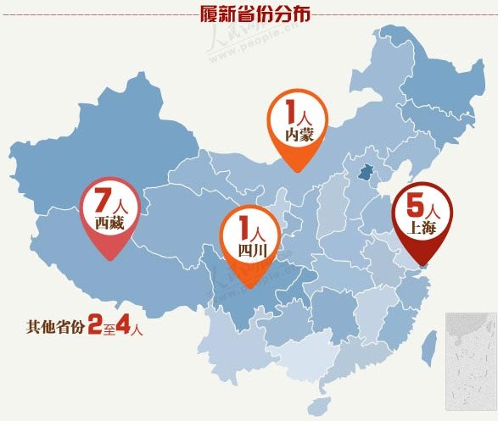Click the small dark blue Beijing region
[366, 172]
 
